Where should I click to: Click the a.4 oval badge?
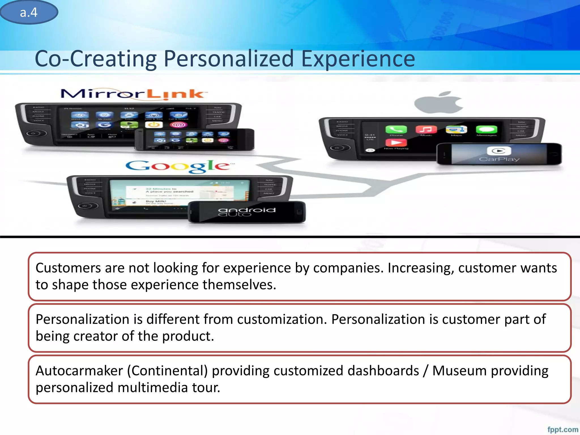tap(29, 12)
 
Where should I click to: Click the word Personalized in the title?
tap(229, 59)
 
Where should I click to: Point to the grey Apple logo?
tap(438, 103)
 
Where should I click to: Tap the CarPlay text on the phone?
tap(499, 159)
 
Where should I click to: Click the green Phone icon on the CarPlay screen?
tap(396, 130)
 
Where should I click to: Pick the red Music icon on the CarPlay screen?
tap(426, 129)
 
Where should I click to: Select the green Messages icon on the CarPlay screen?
tap(486, 129)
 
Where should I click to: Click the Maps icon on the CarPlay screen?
tap(456, 129)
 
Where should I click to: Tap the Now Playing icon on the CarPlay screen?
tap(396, 142)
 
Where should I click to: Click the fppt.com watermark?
tap(562, 429)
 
